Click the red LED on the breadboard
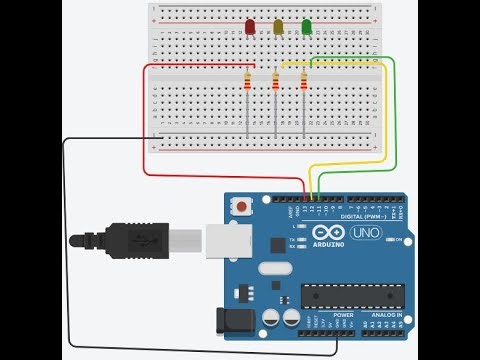pyautogui.click(x=249, y=27)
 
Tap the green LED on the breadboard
pyautogui.click(x=307, y=27)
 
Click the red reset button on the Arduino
pyautogui.click(x=243, y=206)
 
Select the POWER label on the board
pyautogui.click(x=343, y=314)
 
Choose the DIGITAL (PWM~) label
pyautogui.click(x=364, y=215)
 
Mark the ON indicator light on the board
pyautogui.click(x=387, y=240)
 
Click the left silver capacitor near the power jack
pyautogui.click(x=271, y=317)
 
